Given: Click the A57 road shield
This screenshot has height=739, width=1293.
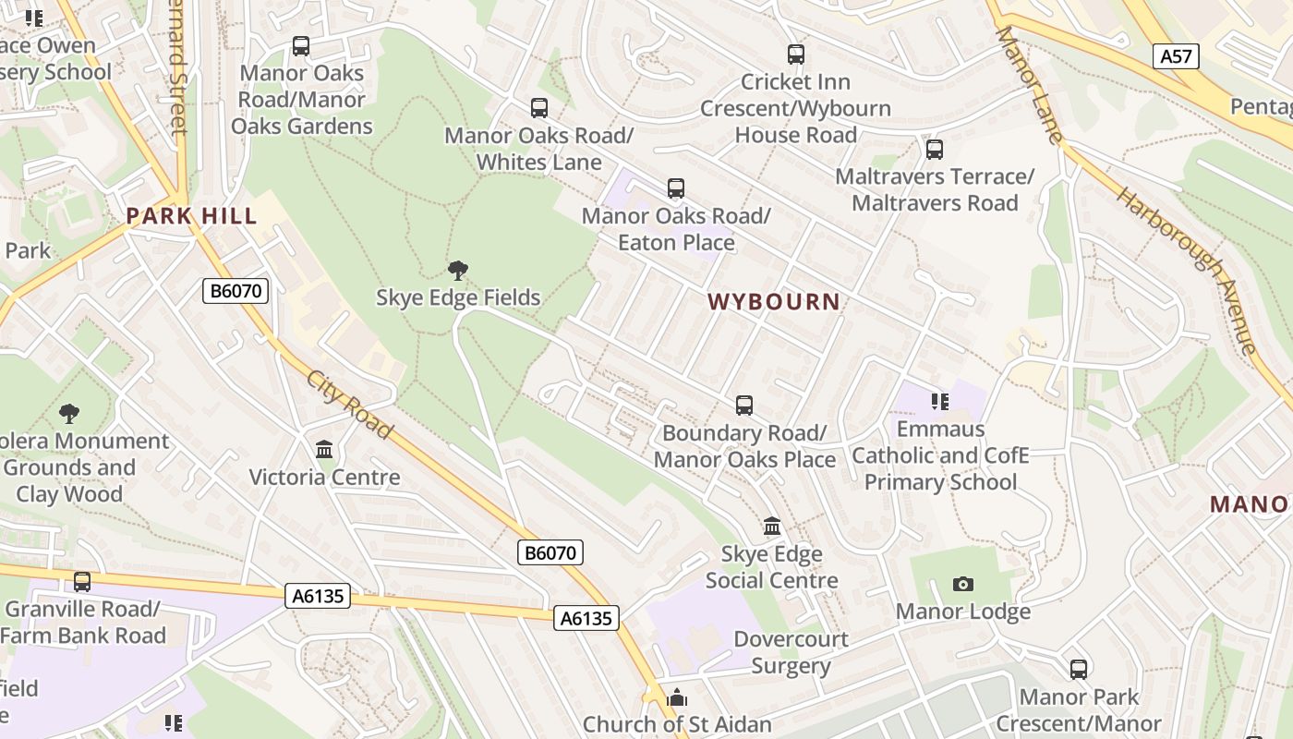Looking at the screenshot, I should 1176,56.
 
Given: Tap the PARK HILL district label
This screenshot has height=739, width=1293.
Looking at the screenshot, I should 191,216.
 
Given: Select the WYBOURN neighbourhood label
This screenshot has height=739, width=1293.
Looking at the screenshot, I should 774,301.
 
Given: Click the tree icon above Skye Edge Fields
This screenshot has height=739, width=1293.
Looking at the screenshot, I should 457,271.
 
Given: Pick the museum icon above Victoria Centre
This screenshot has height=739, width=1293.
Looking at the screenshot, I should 324,450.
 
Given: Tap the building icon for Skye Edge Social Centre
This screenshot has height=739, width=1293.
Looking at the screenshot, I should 772,527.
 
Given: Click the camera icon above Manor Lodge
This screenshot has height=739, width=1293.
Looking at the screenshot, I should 962,584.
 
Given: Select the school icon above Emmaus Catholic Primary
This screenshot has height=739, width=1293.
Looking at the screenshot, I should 940,401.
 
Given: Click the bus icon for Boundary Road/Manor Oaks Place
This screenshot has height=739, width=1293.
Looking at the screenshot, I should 743,406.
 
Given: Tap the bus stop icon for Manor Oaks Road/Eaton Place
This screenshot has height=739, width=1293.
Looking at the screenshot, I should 676,188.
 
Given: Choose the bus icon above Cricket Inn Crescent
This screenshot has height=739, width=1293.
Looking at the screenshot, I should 795,55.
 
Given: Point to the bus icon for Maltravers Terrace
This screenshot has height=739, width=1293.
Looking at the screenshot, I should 934,149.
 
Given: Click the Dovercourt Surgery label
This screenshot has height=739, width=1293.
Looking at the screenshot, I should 791,652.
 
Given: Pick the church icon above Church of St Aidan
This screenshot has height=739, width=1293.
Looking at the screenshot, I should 677,697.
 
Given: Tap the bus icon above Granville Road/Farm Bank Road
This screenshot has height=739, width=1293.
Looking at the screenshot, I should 82,582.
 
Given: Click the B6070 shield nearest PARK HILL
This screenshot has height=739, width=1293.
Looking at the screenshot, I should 236,291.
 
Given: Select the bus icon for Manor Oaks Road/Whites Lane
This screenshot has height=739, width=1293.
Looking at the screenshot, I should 539,108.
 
